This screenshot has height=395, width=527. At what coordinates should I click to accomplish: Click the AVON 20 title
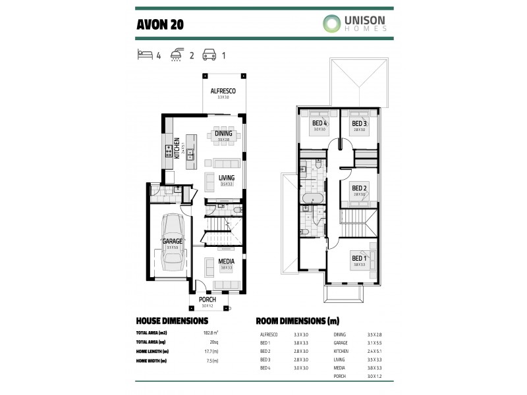160,24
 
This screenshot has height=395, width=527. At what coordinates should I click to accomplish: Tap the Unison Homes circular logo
332,24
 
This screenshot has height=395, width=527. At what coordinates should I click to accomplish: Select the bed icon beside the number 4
144,55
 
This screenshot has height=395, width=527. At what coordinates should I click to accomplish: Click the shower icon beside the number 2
177,55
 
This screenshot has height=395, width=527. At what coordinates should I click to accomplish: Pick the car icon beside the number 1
209,55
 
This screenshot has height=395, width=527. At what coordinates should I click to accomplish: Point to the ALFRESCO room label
223,91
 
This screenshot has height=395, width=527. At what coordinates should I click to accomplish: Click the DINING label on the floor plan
223,134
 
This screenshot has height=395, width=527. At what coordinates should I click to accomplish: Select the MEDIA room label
227,261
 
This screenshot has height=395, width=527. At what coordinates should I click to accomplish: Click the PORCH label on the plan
208,300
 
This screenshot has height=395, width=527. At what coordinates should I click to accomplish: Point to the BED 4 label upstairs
319,124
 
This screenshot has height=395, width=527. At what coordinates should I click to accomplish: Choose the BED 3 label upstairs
359,124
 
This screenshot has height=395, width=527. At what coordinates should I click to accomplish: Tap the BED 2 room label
359,188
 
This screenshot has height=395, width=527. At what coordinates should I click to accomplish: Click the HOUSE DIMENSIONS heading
171,321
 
